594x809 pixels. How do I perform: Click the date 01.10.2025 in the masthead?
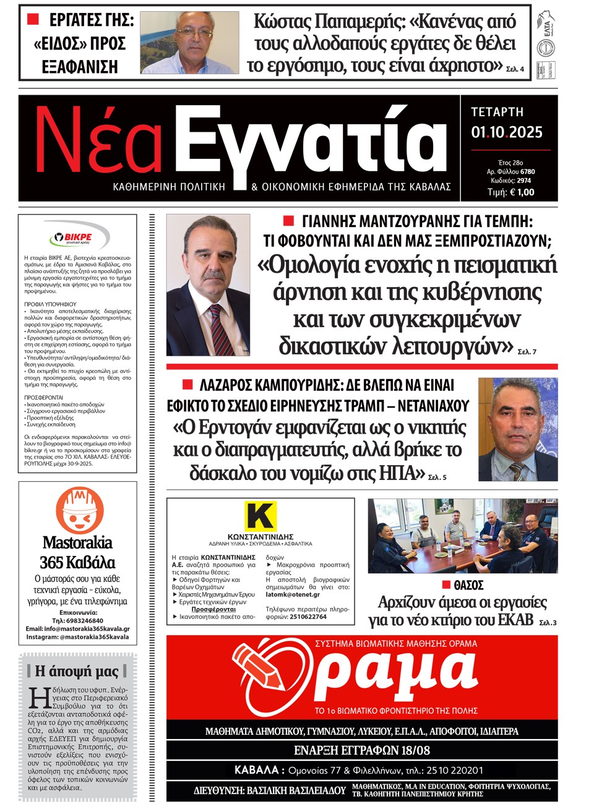coord(506,132)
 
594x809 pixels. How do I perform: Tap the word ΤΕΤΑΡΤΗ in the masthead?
coord(497,112)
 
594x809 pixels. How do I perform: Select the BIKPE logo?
coord(79,236)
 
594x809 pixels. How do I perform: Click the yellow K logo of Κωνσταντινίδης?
coord(260,516)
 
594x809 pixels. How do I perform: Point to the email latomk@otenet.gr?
coord(293,594)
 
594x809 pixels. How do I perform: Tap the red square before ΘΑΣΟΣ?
coord(445,584)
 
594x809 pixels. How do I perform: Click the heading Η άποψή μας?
coord(77,671)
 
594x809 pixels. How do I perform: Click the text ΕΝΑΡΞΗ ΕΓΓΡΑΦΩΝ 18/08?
coord(361,751)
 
